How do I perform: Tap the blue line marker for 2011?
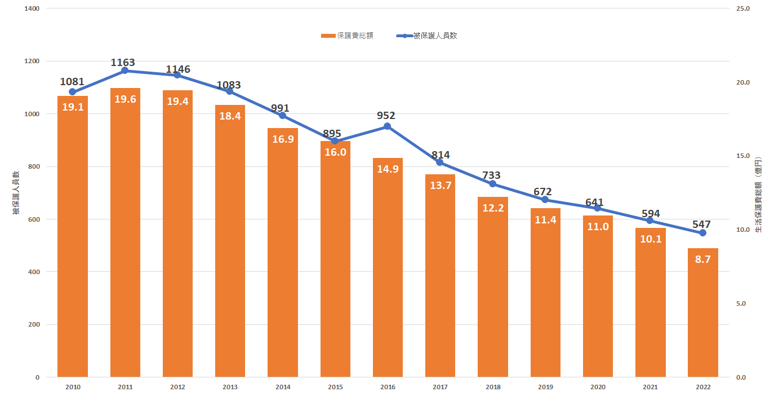125,71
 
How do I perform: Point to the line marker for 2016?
388,126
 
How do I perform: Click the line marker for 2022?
702,233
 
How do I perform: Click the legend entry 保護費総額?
347,36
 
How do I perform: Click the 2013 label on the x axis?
230,387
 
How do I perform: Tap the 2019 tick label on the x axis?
545,387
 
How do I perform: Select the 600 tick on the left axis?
34,219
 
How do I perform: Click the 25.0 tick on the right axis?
742,8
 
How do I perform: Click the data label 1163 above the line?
123,63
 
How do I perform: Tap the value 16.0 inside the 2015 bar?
335,152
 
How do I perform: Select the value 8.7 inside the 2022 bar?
702,259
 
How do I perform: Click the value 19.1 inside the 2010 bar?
73,107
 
